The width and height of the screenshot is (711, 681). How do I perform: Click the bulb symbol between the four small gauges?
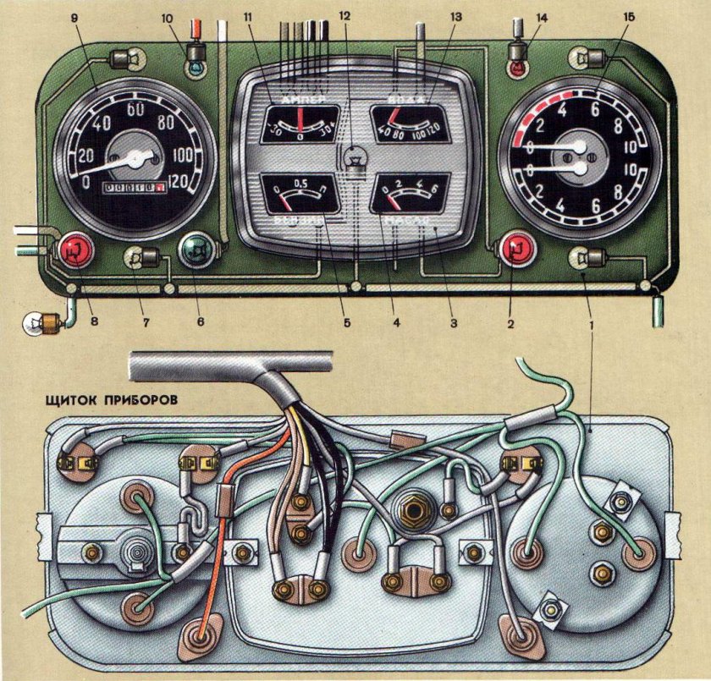pos(356,158)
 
